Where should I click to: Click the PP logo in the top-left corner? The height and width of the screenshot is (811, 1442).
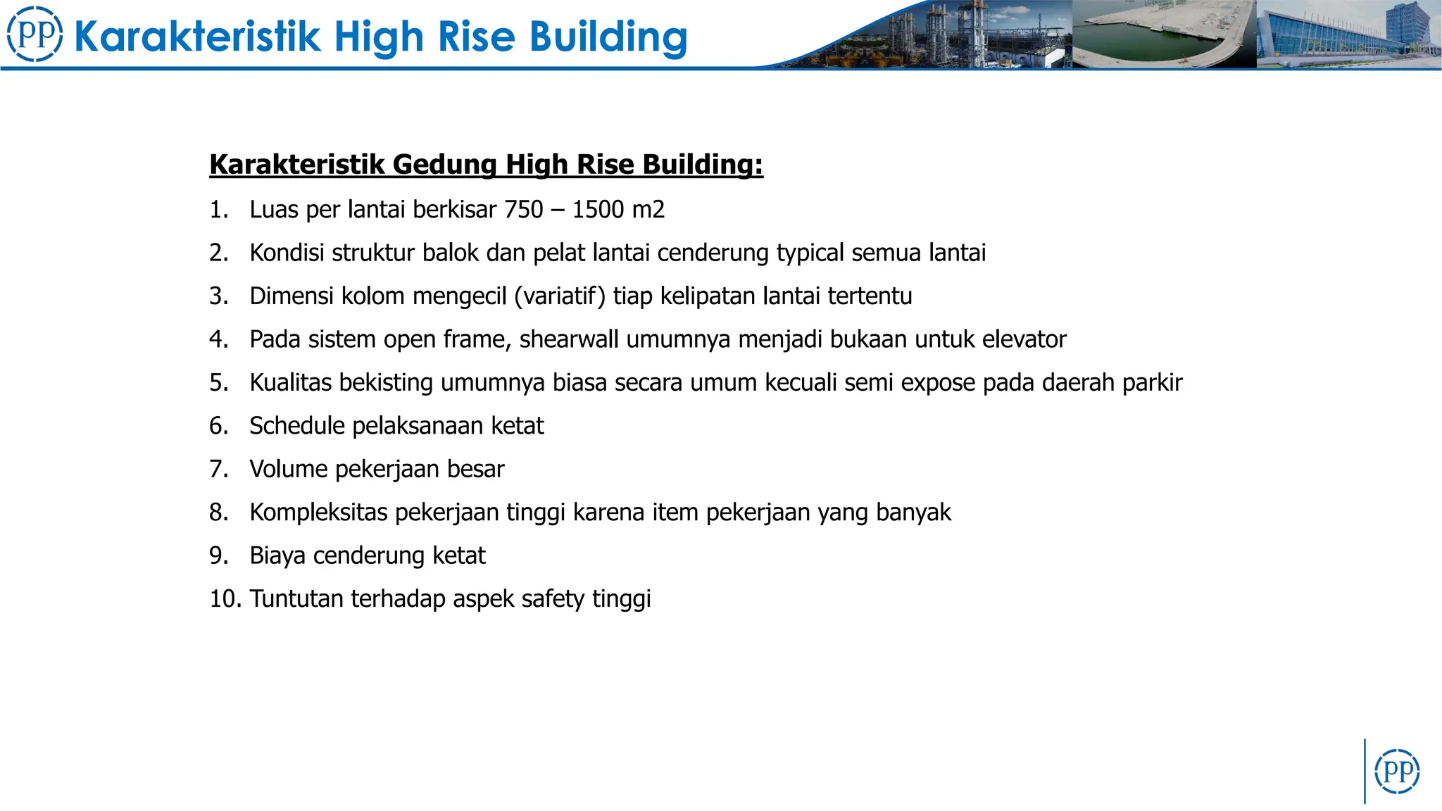coord(35,34)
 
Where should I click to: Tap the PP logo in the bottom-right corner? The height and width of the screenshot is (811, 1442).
coord(1397,771)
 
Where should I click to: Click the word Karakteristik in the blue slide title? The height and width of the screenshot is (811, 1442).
coord(196,37)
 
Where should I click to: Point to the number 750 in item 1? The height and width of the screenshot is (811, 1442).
coord(524,210)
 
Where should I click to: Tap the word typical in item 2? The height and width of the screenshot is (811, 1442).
coord(810,253)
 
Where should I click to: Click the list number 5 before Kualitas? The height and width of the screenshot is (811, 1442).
coord(218,383)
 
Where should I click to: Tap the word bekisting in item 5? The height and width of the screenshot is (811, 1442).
coord(386,383)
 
